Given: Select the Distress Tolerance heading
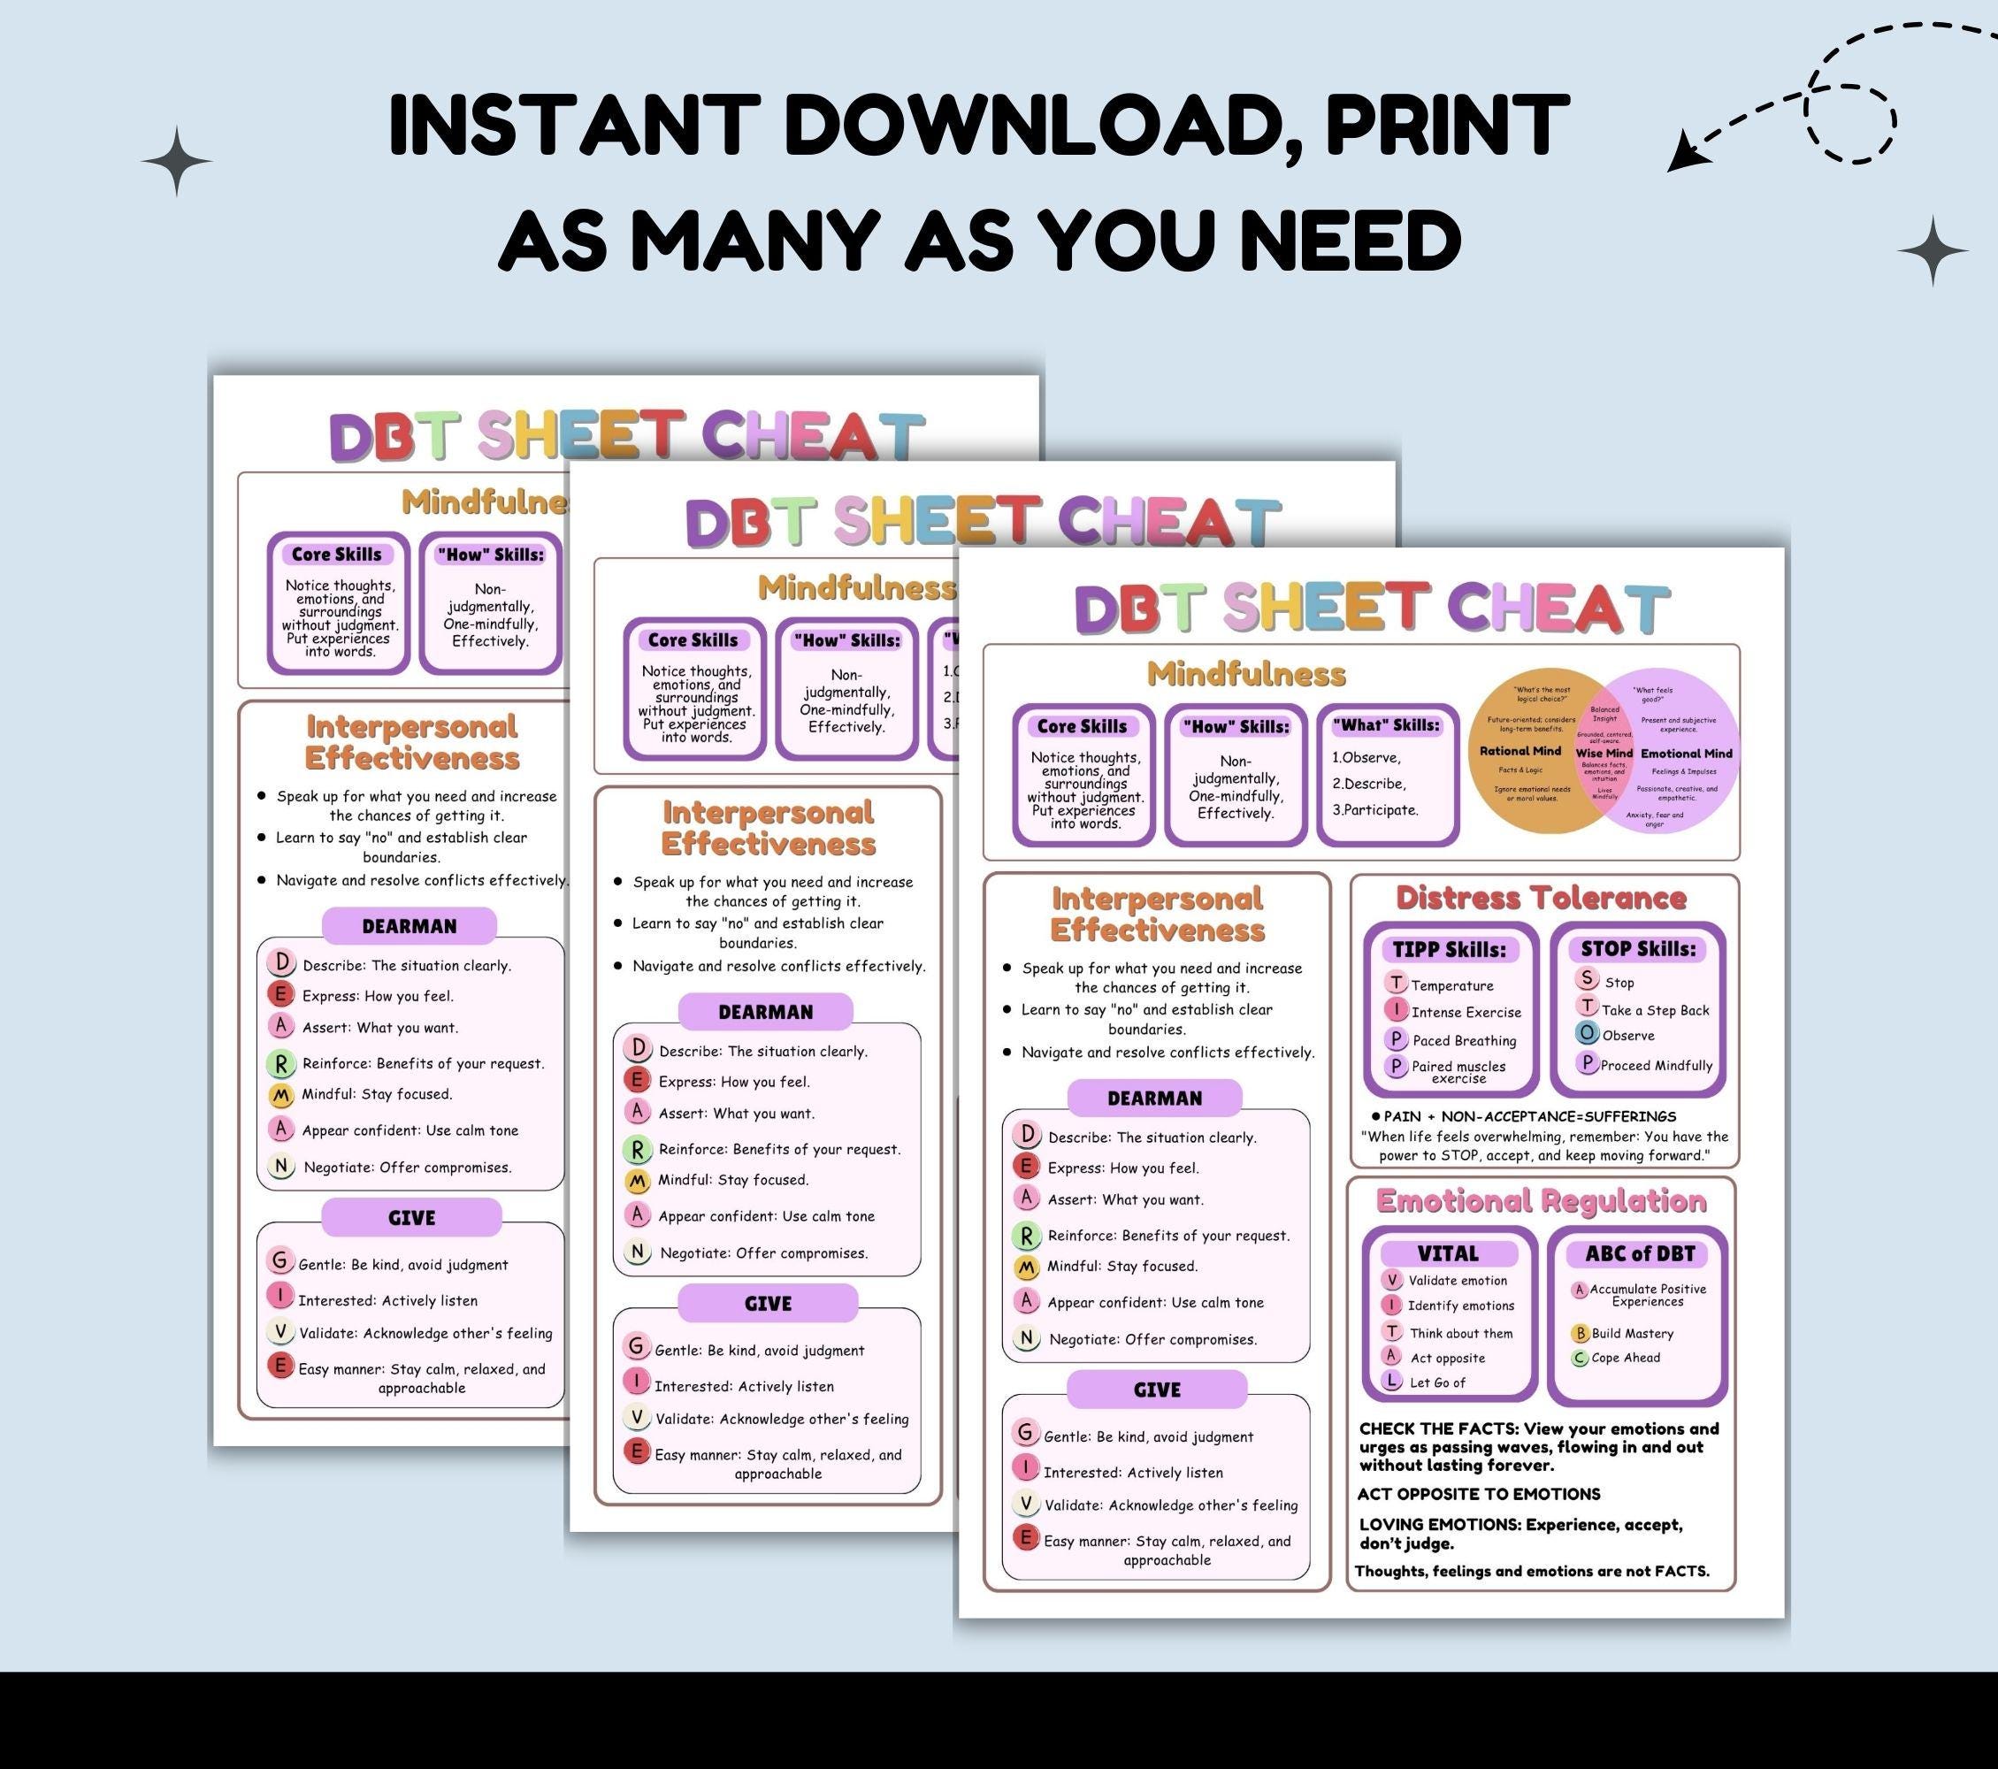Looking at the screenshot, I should pos(1541,898).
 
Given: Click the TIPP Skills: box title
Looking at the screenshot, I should pos(1449,949).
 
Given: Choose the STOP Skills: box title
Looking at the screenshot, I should pos(1638,948).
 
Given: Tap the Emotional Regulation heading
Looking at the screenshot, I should pos(1541,1201).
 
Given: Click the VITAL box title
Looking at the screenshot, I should pos(1448,1254).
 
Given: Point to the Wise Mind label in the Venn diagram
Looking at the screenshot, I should pos(1604,754).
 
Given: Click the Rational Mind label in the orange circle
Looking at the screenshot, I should pos(1520,751).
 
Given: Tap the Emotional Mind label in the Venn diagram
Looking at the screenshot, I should pos(1686,754).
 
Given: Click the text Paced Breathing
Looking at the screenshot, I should pos(1465,1041).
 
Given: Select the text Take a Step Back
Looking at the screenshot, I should pos(1656,1011).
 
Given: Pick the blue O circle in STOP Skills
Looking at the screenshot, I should pos(1588,1033).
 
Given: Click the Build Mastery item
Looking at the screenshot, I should pos(1633,1333).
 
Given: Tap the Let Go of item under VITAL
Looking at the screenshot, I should pos(1437,1382).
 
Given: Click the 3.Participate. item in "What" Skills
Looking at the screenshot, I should pos(1375,809).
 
